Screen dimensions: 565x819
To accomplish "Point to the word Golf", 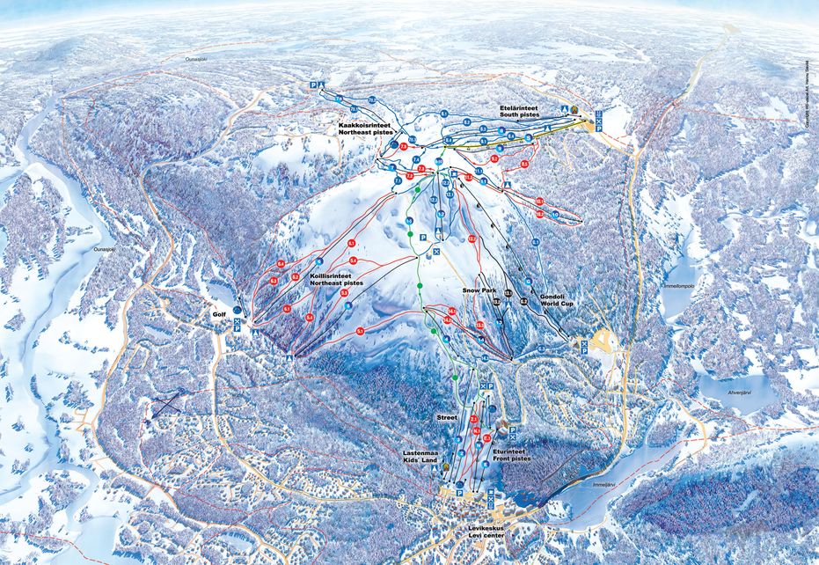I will (x=219, y=312).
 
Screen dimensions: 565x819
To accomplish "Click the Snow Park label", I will (x=479, y=290).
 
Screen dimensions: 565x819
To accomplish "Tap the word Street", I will (x=448, y=416).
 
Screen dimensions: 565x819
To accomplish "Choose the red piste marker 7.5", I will (x=403, y=145).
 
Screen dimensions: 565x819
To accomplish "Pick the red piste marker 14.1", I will (x=450, y=310).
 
